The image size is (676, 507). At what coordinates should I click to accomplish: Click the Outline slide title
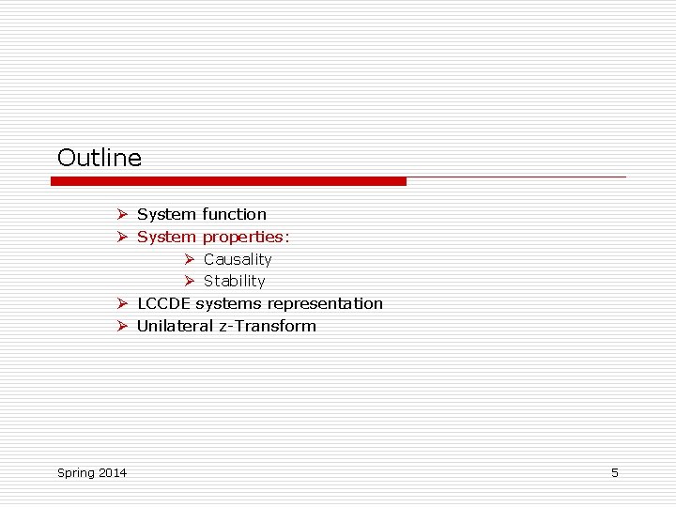100,158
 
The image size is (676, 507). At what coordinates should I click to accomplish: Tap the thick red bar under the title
228,181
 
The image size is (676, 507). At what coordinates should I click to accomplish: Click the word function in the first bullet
234,214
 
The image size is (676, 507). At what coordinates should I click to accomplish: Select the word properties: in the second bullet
246,237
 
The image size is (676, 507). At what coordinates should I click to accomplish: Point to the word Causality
238,259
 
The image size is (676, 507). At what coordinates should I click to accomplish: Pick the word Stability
235,281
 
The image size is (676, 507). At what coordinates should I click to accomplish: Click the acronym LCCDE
164,303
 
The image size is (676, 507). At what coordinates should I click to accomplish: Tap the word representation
325,303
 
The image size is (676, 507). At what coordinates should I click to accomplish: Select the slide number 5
615,472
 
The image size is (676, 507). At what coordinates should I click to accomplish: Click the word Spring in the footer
76,473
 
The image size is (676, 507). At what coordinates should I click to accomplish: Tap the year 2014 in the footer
113,472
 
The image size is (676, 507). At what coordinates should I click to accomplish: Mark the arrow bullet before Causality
189,259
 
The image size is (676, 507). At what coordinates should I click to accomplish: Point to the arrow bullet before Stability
189,281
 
